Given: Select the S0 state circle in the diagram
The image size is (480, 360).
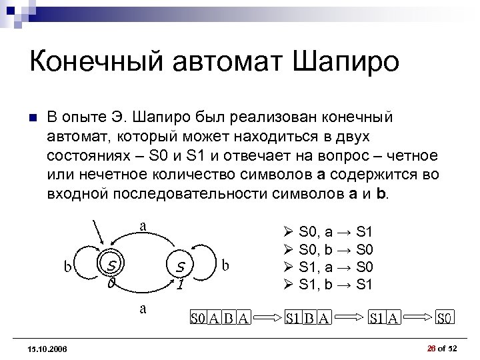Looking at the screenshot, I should coord(111,267).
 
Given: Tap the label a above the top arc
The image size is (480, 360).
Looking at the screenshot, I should coord(143,225).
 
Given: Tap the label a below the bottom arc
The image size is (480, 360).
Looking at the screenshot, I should coord(143,308).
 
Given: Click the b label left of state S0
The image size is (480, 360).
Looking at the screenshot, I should coord(68,267).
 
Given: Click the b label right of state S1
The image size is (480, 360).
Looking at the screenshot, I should coord(226,265).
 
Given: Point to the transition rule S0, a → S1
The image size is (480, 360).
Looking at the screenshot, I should coord(333,233).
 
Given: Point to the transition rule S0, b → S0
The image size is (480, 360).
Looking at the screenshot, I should coord(333,249).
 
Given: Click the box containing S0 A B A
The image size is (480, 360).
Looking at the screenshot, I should coord(220,318).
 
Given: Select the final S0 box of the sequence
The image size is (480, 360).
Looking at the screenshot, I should coord(445,318).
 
